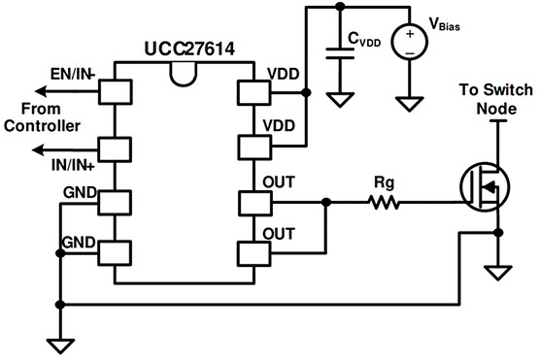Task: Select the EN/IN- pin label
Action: [72, 74]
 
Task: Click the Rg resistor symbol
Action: [383, 203]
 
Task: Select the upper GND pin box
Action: [115, 203]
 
